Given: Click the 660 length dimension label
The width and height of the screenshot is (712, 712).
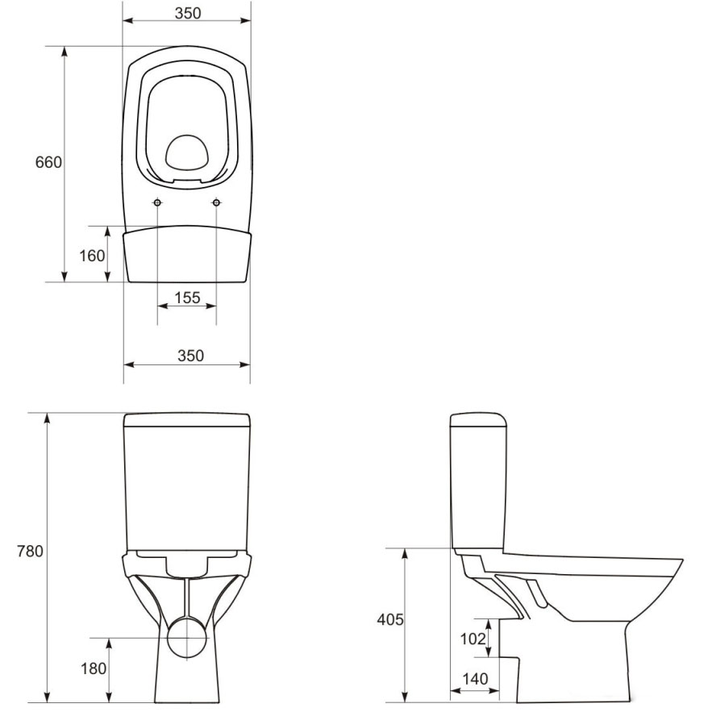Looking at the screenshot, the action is (48, 162).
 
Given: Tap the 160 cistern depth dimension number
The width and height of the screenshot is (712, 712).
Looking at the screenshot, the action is (92, 256).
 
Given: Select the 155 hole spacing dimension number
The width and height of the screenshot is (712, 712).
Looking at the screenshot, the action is (187, 298).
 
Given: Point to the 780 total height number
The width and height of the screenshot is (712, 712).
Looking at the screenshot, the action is (30, 551).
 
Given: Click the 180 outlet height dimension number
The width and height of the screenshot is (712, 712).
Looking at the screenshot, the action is (94, 668).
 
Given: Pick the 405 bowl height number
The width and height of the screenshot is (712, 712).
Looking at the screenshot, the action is (390, 619).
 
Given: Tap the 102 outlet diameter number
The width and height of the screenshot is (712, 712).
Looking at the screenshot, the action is (473, 639).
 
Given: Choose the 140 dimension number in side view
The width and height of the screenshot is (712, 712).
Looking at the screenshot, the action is (475, 679).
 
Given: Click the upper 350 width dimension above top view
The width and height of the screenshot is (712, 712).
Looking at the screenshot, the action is (188, 13).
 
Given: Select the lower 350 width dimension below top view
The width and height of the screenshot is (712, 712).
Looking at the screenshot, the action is (191, 356).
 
